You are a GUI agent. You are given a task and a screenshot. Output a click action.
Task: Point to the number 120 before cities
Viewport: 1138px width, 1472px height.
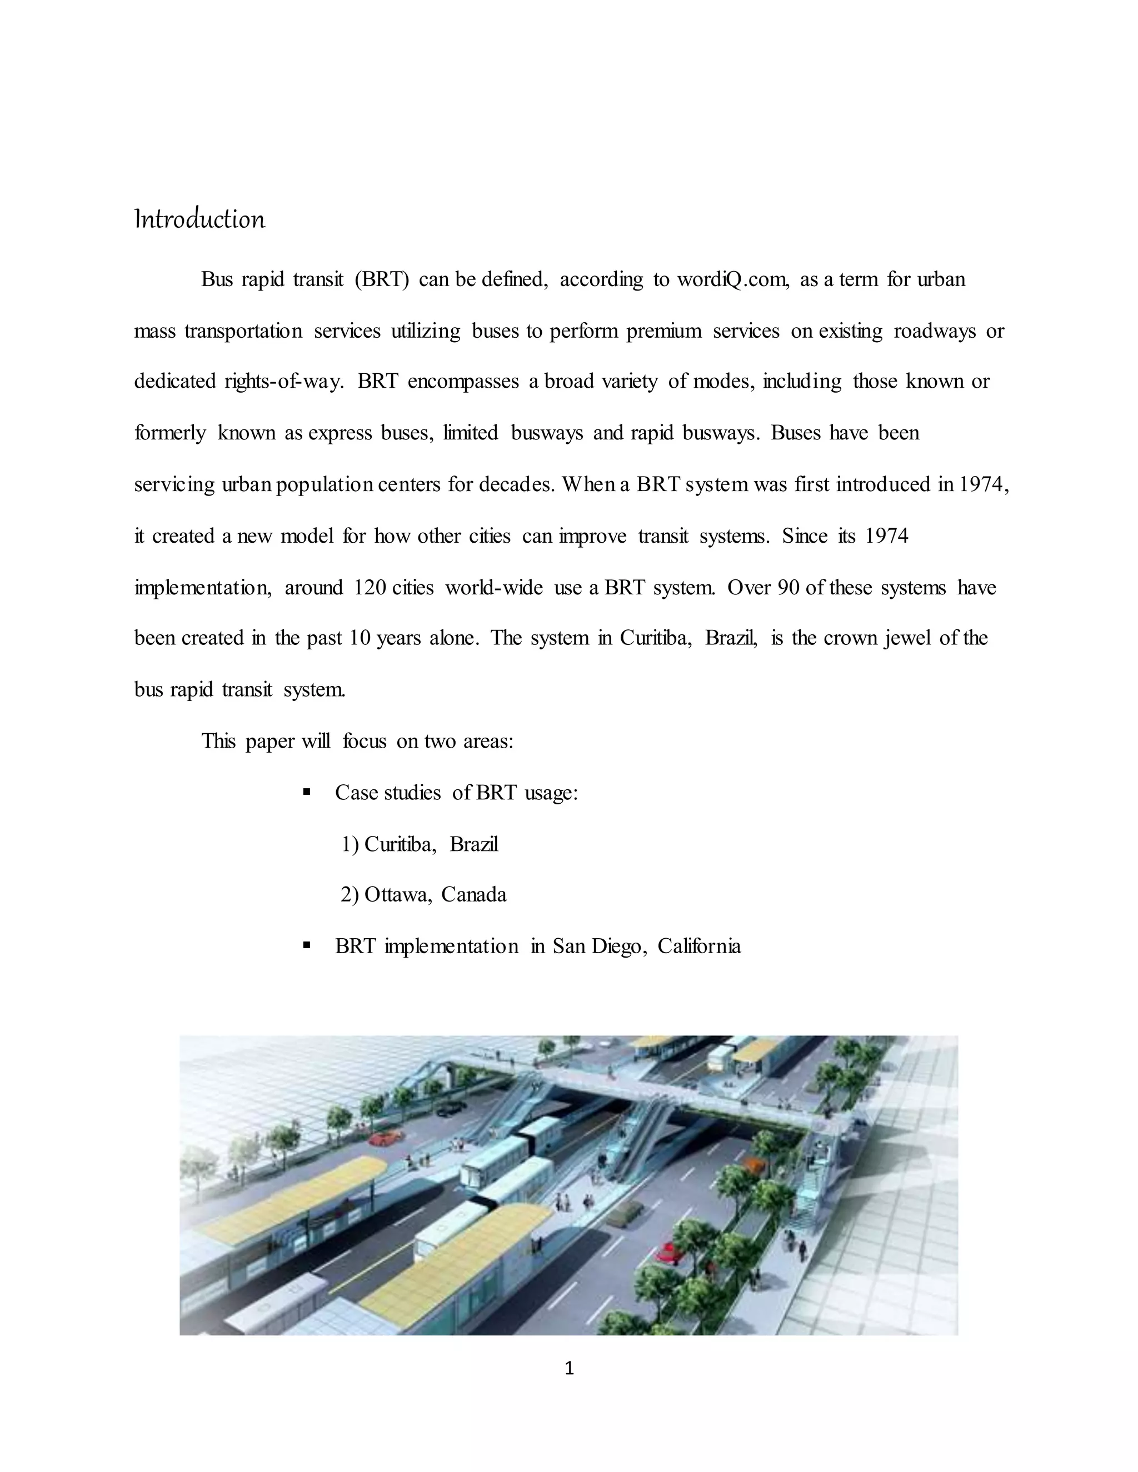[370, 588]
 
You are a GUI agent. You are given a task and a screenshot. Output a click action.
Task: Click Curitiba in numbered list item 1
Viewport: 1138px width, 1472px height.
[400, 844]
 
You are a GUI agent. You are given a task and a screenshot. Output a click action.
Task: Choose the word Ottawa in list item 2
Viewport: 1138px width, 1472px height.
[397, 894]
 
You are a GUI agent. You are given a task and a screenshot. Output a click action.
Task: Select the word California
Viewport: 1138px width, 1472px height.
[699, 947]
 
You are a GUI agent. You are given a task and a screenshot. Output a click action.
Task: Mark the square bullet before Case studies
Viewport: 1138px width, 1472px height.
[307, 792]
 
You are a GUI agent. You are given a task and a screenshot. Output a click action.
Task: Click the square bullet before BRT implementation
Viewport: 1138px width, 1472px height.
[307, 945]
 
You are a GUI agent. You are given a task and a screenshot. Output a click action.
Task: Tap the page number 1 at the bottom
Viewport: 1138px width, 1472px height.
[569, 1368]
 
